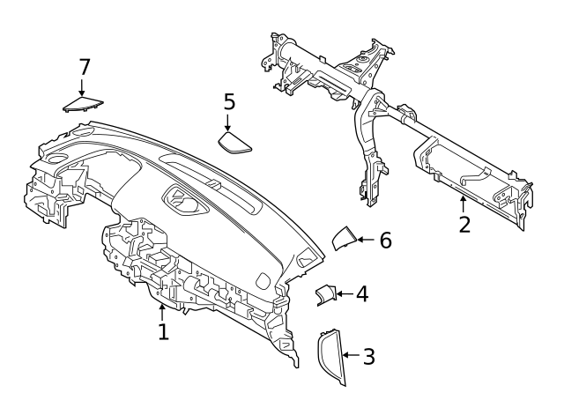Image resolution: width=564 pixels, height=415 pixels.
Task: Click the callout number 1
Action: click(163, 331)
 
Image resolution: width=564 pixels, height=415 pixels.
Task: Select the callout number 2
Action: click(464, 223)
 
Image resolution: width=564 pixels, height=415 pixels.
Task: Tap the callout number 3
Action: click(368, 356)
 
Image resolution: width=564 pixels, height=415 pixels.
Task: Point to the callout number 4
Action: click(361, 293)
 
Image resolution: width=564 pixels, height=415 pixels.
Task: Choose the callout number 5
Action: click(229, 102)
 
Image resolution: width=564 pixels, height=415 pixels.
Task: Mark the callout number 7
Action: click(85, 66)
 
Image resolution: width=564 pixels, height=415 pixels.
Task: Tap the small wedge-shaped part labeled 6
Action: click(344, 239)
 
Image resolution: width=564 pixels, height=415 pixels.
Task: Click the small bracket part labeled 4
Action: click(328, 295)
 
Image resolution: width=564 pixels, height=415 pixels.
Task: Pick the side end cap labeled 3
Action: click(330, 356)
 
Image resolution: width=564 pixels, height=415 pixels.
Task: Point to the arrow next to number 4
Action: click(344, 293)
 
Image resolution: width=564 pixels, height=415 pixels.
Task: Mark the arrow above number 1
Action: click(163, 310)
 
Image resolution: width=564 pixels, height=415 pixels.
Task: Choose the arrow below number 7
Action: click(82, 86)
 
